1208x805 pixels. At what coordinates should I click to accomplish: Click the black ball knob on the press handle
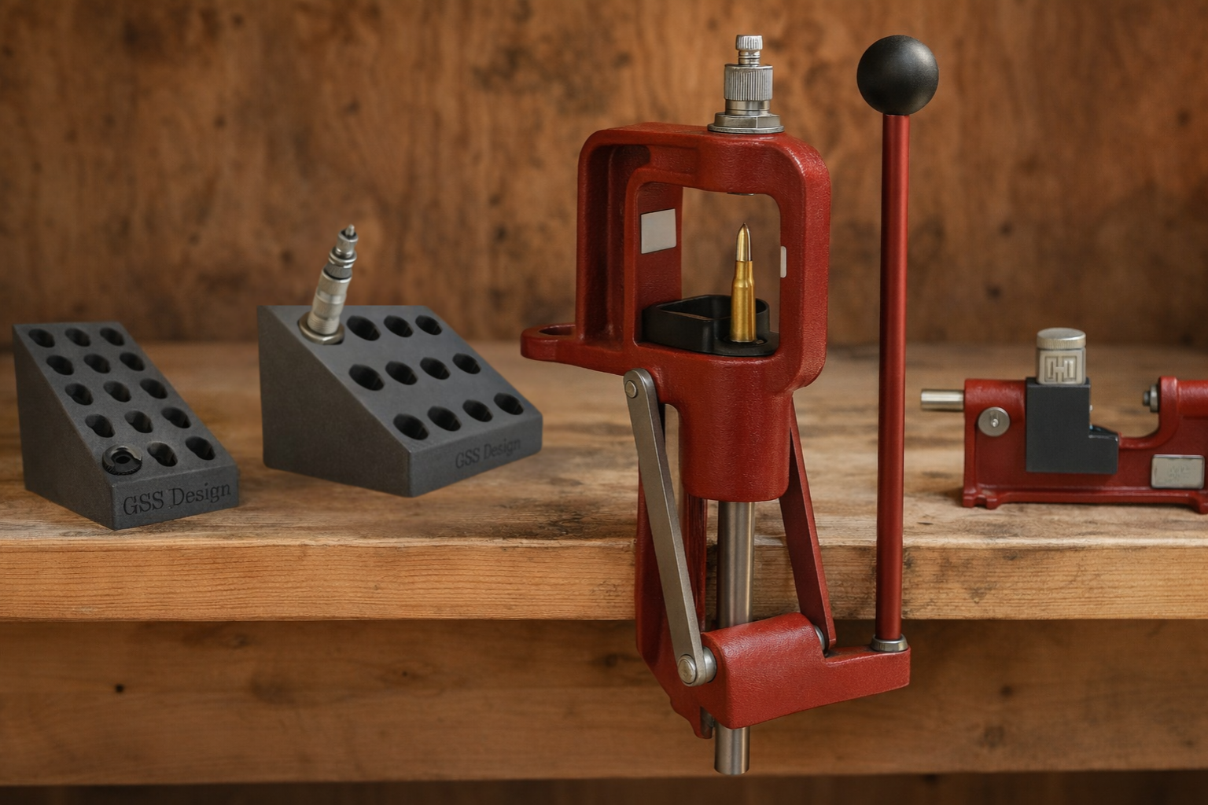[x=897, y=75]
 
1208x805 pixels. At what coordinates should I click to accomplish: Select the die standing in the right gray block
[x=330, y=286]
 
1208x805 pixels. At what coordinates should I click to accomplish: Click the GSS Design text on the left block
[x=176, y=499]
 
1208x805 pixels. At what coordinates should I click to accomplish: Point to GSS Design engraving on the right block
[x=488, y=452]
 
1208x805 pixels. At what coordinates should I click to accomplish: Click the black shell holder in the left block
[x=122, y=459]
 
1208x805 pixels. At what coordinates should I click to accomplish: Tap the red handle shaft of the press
[x=891, y=377]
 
